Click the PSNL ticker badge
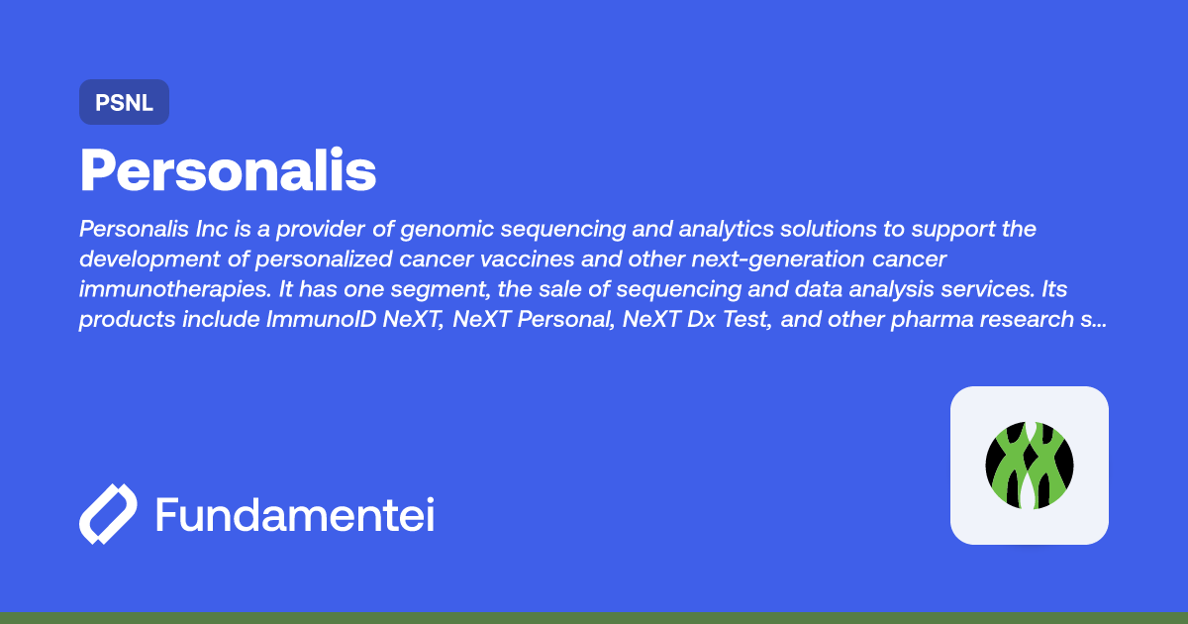click(124, 102)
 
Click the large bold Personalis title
click(228, 169)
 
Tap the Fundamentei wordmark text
click(295, 514)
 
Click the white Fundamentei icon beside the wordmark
click(108, 514)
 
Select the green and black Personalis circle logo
click(1030, 466)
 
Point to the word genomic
click(447, 229)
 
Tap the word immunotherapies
click(175, 289)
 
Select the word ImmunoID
click(322, 319)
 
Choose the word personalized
click(324, 260)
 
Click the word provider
click(321, 229)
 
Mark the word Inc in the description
click(212, 229)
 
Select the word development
click(149, 260)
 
